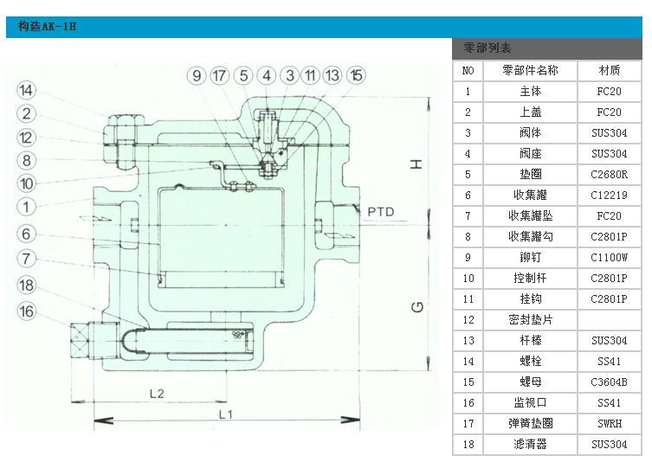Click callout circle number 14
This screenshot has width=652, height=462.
click(x=27, y=90)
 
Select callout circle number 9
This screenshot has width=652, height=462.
click(x=197, y=76)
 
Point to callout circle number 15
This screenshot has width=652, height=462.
click(x=356, y=76)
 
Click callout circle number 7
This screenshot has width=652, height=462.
click(x=27, y=258)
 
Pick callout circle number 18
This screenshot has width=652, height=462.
click(x=27, y=286)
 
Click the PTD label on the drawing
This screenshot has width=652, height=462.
click(x=381, y=211)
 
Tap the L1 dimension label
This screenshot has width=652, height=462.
click(x=225, y=414)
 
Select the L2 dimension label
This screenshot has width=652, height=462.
click(x=157, y=393)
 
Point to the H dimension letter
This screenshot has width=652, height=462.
click(x=416, y=163)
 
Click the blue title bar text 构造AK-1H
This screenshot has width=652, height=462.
click(x=48, y=26)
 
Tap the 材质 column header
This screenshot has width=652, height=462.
click(x=610, y=70)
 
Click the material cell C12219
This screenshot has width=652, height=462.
click(x=610, y=196)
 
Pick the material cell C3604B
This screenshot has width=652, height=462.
click(x=610, y=382)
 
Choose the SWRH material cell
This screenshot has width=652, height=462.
click(x=610, y=424)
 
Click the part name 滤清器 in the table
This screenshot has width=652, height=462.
click(x=530, y=445)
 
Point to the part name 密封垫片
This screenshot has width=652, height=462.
click(x=530, y=320)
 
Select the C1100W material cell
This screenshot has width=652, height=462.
click(x=610, y=258)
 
